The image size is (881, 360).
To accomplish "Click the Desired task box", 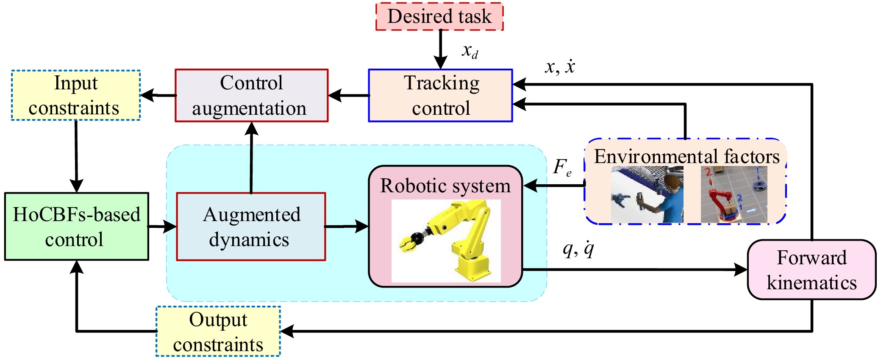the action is (x=439, y=17).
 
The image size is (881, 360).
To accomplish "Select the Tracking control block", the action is (x=440, y=95).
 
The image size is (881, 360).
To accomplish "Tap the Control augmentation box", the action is (x=252, y=95).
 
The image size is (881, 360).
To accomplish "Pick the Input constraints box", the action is (x=76, y=95).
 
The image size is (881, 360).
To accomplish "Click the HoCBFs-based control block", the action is (x=77, y=227).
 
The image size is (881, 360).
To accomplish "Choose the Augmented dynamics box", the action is (x=251, y=227).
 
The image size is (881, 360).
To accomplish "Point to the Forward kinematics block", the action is (x=811, y=270).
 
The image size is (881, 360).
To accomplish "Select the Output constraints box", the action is (x=218, y=331).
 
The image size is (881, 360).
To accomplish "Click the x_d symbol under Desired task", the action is (x=470, y=52).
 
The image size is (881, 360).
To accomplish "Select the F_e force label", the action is (x=562, y=167).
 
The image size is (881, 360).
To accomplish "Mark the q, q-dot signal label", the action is (x=578, y=249).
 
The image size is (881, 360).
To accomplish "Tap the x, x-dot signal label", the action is (x=560, y=67).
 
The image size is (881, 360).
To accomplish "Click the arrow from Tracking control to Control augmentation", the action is (x=348, y=95).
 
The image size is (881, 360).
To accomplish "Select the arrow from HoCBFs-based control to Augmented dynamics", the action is (x=162, y=227).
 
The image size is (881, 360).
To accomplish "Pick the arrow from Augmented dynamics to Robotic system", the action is (x=347, y=227).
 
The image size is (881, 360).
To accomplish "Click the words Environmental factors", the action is (x=686, y=156).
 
